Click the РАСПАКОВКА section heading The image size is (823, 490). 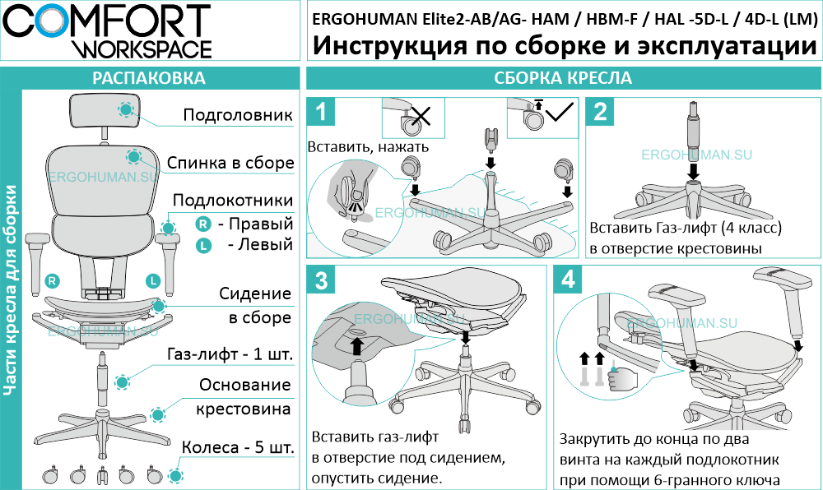(x=149, y=79)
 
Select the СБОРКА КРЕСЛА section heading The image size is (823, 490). (x=563, y=79)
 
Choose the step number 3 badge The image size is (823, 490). (x=325, y=282)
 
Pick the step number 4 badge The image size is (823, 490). (x=569, y=282)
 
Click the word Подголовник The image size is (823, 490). (x=237, y=115)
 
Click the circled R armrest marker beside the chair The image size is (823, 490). (x=52, y=281)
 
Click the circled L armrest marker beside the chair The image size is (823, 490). (x=153, y=281)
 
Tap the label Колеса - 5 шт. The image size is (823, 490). (x=237, y=449)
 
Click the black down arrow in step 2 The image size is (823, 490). (x=694, y=169)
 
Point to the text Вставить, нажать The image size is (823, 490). (x=368, y=147)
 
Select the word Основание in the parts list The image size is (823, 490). (x=244, y=385)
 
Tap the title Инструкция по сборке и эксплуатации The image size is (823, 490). (x=565, y=46)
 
